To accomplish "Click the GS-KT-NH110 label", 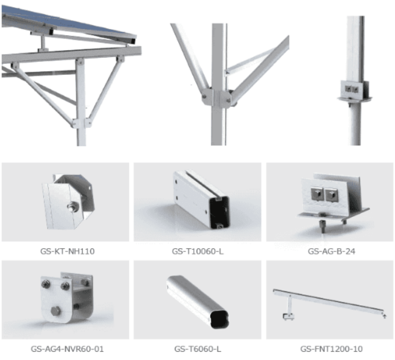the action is [x=67, y=251].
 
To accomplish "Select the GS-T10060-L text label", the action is [x=197, y=251].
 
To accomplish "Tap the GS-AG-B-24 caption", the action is [x=331, y=251].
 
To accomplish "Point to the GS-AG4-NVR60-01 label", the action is [x=67, y=349].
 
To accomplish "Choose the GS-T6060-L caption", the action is [x=197, y=349].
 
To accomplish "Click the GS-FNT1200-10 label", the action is [x=331, y=349].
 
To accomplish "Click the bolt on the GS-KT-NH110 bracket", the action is [x=73, y=206].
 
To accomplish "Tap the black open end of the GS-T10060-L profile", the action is [x=219, y=212].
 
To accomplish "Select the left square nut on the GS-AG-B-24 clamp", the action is [x=317, y=194].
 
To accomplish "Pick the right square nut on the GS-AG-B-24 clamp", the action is [x=331, y=195].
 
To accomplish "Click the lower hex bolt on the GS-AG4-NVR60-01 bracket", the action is [x=56, y=311].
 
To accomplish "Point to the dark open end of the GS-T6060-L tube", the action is [x=219, y=319].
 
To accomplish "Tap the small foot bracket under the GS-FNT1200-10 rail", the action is [x=289, y=317].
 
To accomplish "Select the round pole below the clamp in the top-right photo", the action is [x=355, y=123].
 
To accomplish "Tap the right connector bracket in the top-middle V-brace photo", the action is [x=226, y=99].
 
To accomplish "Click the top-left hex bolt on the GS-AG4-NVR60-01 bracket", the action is [x=46, y=284].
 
